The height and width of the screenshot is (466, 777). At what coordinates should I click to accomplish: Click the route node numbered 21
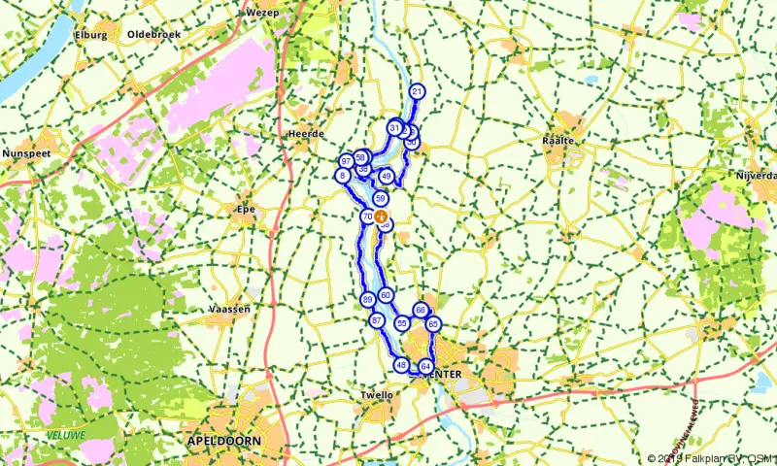click(418, 92)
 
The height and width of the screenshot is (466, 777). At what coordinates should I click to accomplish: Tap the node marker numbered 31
click(394, 127)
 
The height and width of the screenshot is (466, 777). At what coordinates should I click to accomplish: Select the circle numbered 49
click(387, 176)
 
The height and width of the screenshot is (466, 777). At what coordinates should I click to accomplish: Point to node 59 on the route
click(381, 198)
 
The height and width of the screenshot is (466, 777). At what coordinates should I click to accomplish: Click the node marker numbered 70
click(366, 216)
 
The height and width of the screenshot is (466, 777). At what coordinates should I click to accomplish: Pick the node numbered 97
click(346, 161)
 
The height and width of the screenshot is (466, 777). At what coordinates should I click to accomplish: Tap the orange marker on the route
click(382, 216)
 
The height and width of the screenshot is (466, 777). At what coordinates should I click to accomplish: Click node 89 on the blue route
click(367, 299)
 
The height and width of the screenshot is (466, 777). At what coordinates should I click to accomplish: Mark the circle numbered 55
click(401, 322)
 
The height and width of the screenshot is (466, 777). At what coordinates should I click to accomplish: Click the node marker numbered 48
click(400, 365)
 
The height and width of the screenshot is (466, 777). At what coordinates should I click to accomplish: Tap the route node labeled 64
click(425, 366)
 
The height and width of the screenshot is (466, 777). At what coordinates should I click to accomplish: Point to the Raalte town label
click(559, 141)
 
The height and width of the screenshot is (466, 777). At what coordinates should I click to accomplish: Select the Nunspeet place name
click(26, 153)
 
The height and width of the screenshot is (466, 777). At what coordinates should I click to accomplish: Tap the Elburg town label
click(90, 35)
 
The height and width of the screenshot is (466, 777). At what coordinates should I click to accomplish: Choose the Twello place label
click(376, 395)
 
